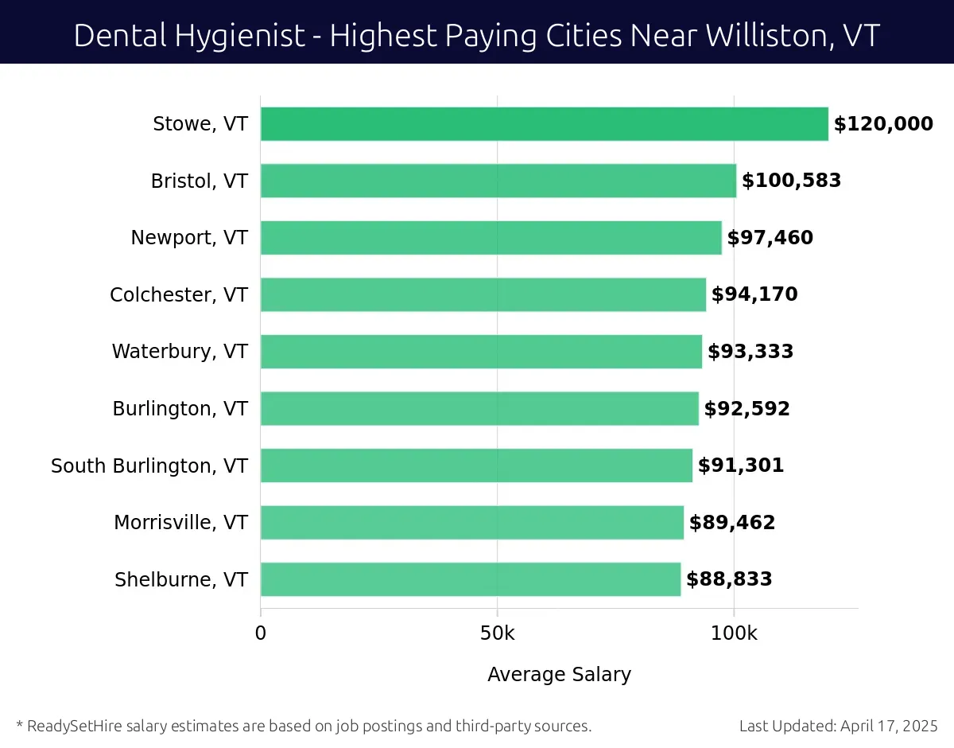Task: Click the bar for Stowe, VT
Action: point(544,124)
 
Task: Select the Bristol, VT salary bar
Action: point(498,181)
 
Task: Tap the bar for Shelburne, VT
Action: point(470,579)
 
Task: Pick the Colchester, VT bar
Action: point(483,294)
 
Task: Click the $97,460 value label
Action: point(770,238)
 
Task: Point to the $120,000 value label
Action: point(883,124)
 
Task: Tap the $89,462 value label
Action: point(732,523)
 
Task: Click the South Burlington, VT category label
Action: point(149,466)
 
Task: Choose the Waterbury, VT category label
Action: point(180,352)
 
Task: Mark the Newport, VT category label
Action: point(189,238)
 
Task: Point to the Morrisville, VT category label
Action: point(180,523)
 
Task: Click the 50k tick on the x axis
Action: point(498,634)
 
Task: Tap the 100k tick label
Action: point(734,634)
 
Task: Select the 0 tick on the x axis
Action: point(261,634)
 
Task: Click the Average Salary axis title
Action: point(559,675)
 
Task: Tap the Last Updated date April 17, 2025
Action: point(890,726)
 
